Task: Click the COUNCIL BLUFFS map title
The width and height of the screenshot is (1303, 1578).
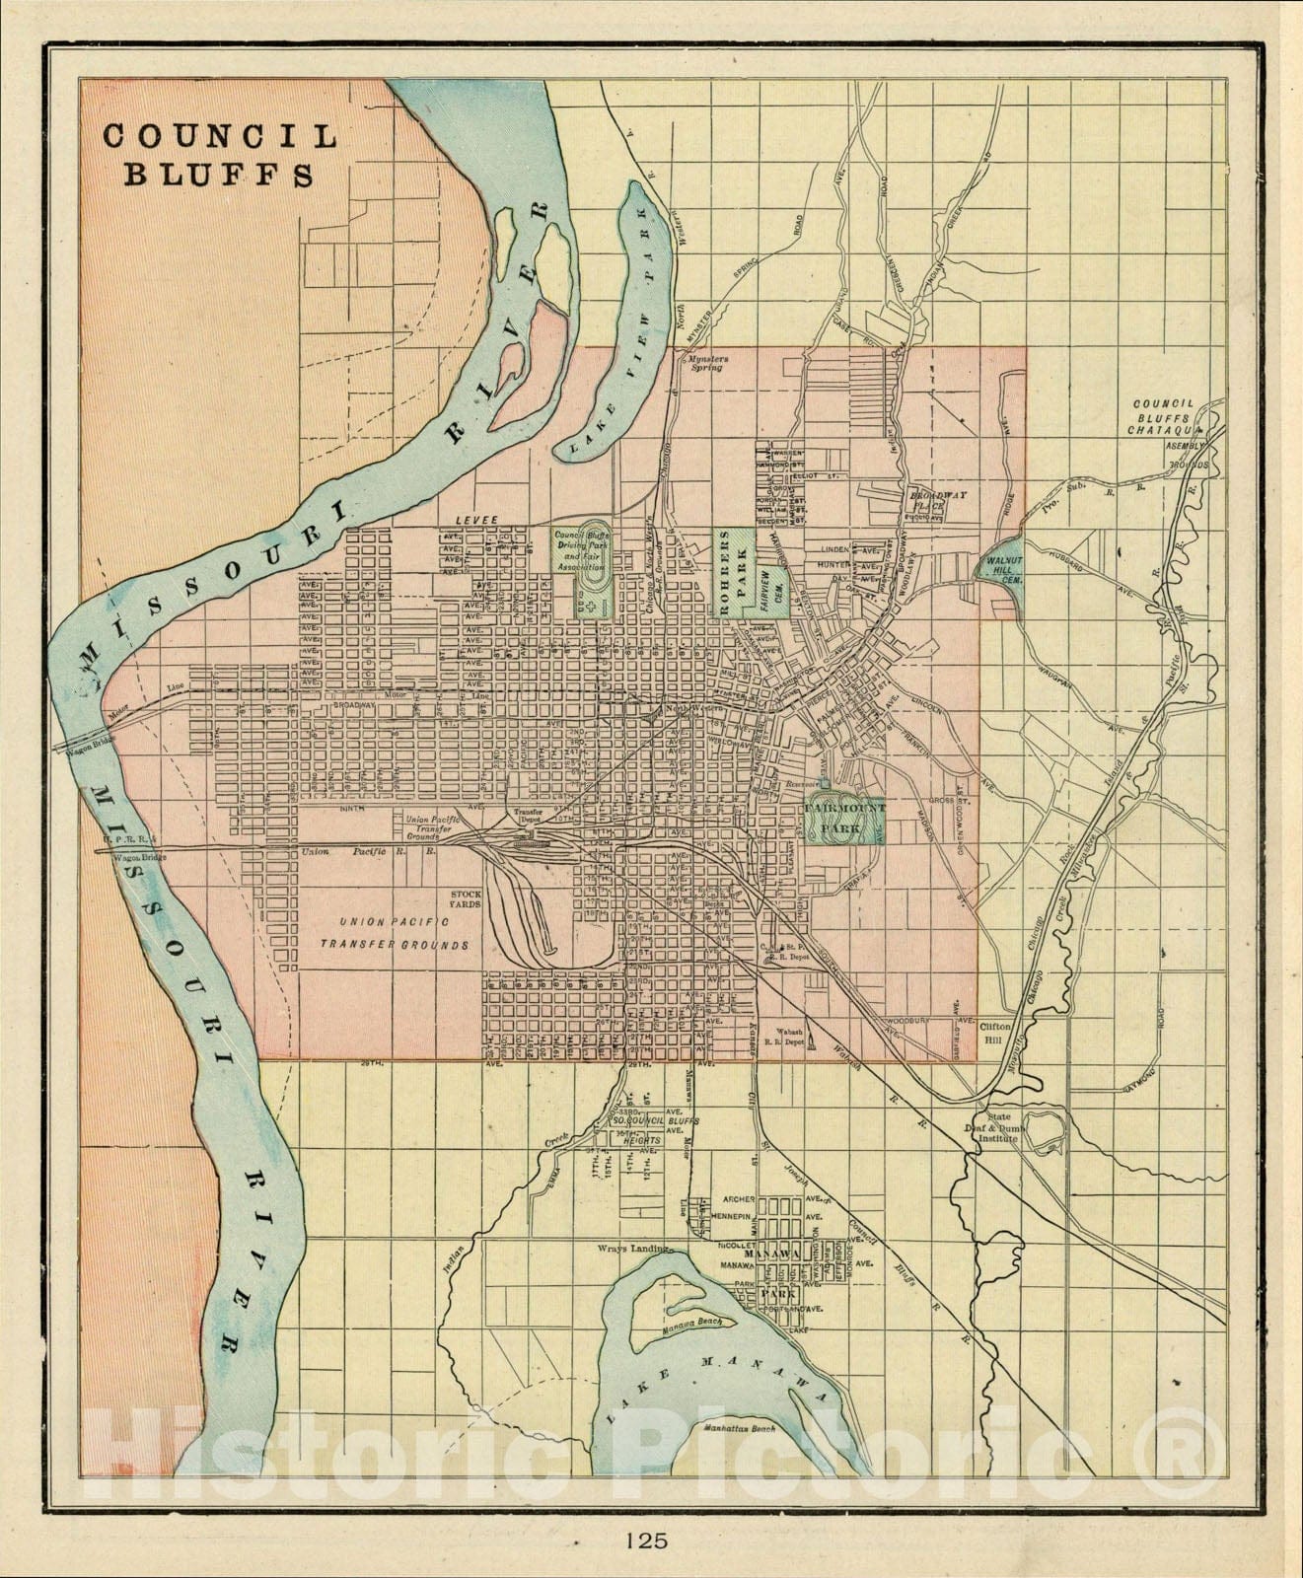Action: click(x=219, y=155)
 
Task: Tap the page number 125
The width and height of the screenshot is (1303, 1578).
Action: click(x=645, y=1540)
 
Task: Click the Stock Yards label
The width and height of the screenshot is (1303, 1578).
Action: click(x=466, y=899)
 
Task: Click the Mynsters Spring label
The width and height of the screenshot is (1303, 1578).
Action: click(x=707, y=364)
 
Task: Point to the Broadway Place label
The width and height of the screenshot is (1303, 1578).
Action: click(x=927, y=502)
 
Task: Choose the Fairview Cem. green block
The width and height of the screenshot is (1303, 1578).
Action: click(x=772, y=592)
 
